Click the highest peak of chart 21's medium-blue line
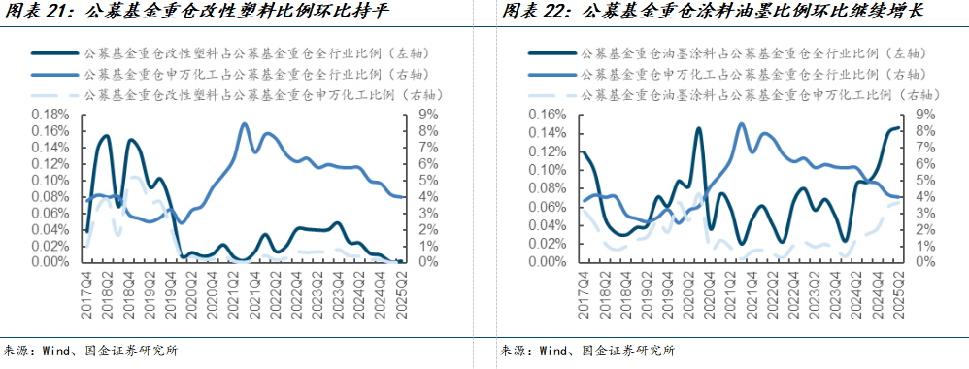coord(244,124)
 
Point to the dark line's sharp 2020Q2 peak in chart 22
coord(697,128)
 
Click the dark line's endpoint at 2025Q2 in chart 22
coord(899,128)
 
